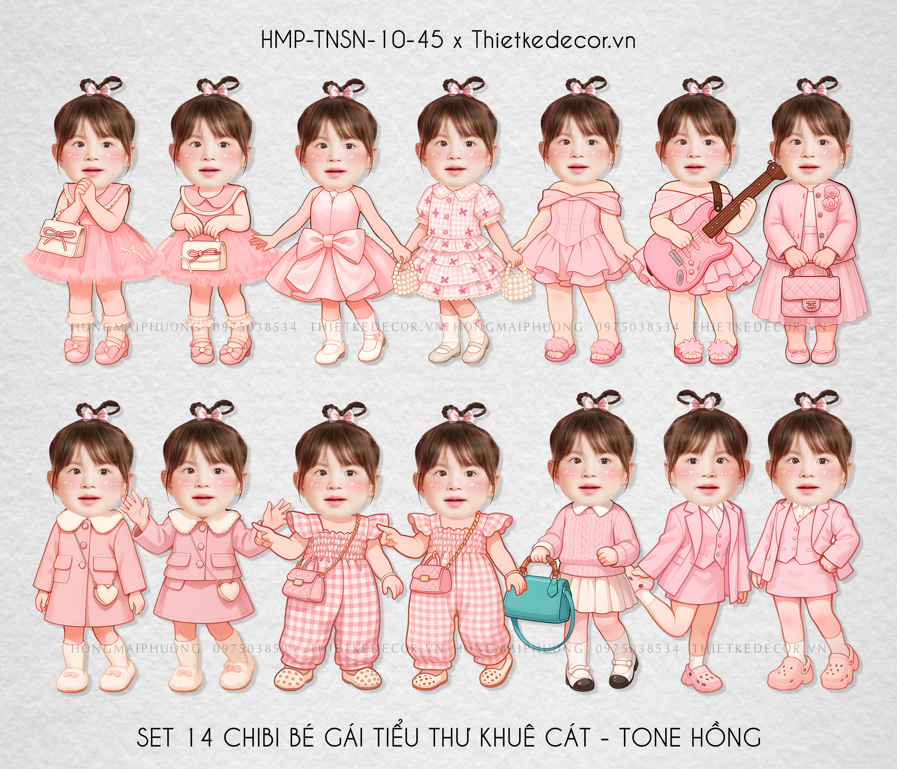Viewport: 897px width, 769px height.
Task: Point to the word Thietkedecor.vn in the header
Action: (x=553, y=41)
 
